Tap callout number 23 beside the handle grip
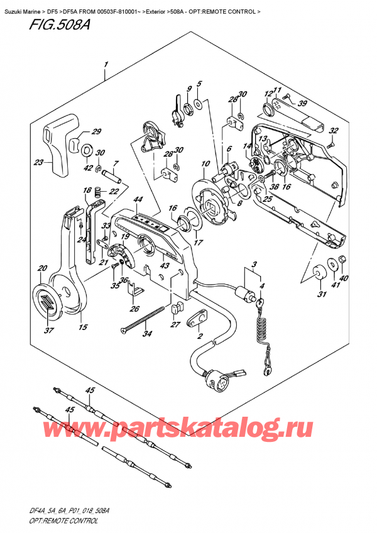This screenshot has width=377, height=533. coord(40,162)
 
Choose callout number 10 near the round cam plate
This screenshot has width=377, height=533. coord(205,165)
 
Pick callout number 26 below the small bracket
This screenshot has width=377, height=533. coord(133,309)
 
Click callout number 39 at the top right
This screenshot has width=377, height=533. coord(302,104)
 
